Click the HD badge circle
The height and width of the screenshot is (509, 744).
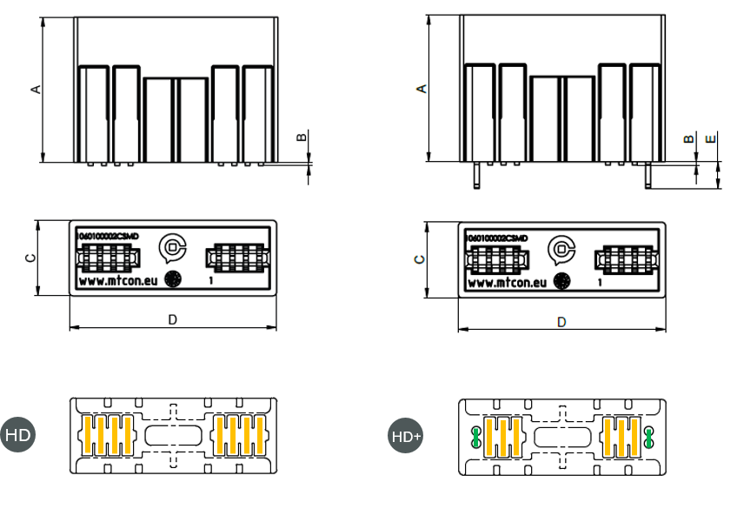tap(17, 434)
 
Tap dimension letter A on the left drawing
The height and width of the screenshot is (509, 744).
tap(36, 89)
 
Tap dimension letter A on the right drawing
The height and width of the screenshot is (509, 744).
tap(422, 89)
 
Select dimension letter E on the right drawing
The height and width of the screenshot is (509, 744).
tap(711, 139)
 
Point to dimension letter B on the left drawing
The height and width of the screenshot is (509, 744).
tap(302, 137)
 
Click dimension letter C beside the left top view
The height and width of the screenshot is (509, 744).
tap(30, 258)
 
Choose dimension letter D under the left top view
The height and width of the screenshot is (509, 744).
tap(172, 320)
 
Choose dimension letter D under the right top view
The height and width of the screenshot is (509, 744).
tap(561, 322)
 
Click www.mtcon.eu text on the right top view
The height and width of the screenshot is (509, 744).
tap(507, 283)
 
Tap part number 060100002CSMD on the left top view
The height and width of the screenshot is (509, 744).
tap(108, 237)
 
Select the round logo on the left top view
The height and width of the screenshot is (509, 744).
tap(172, 249)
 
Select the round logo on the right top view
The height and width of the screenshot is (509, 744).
tap(561, 250)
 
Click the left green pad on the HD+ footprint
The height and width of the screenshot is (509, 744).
tap(476, 437)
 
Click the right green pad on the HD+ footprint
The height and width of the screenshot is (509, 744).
tap(648, 437)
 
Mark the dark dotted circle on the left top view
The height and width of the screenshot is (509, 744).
tap(172, 280)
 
